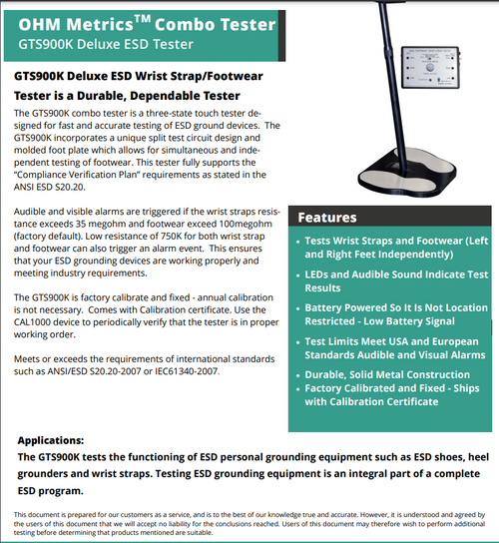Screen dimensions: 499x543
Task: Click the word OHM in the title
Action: [x=46, y=19]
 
